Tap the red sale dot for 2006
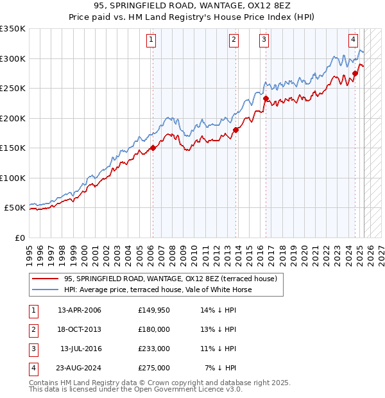(x=153, y=148)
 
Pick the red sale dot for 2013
(x=235, y=130)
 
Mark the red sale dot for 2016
(x=266, y=98)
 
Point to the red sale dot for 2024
(x=355, y=73)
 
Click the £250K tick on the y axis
(x=13, y=89)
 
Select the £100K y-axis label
(x=13, y=178)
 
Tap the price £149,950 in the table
(x=154, y=310)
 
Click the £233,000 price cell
(x=154, y=349)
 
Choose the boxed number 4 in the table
(x=33, y=368)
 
